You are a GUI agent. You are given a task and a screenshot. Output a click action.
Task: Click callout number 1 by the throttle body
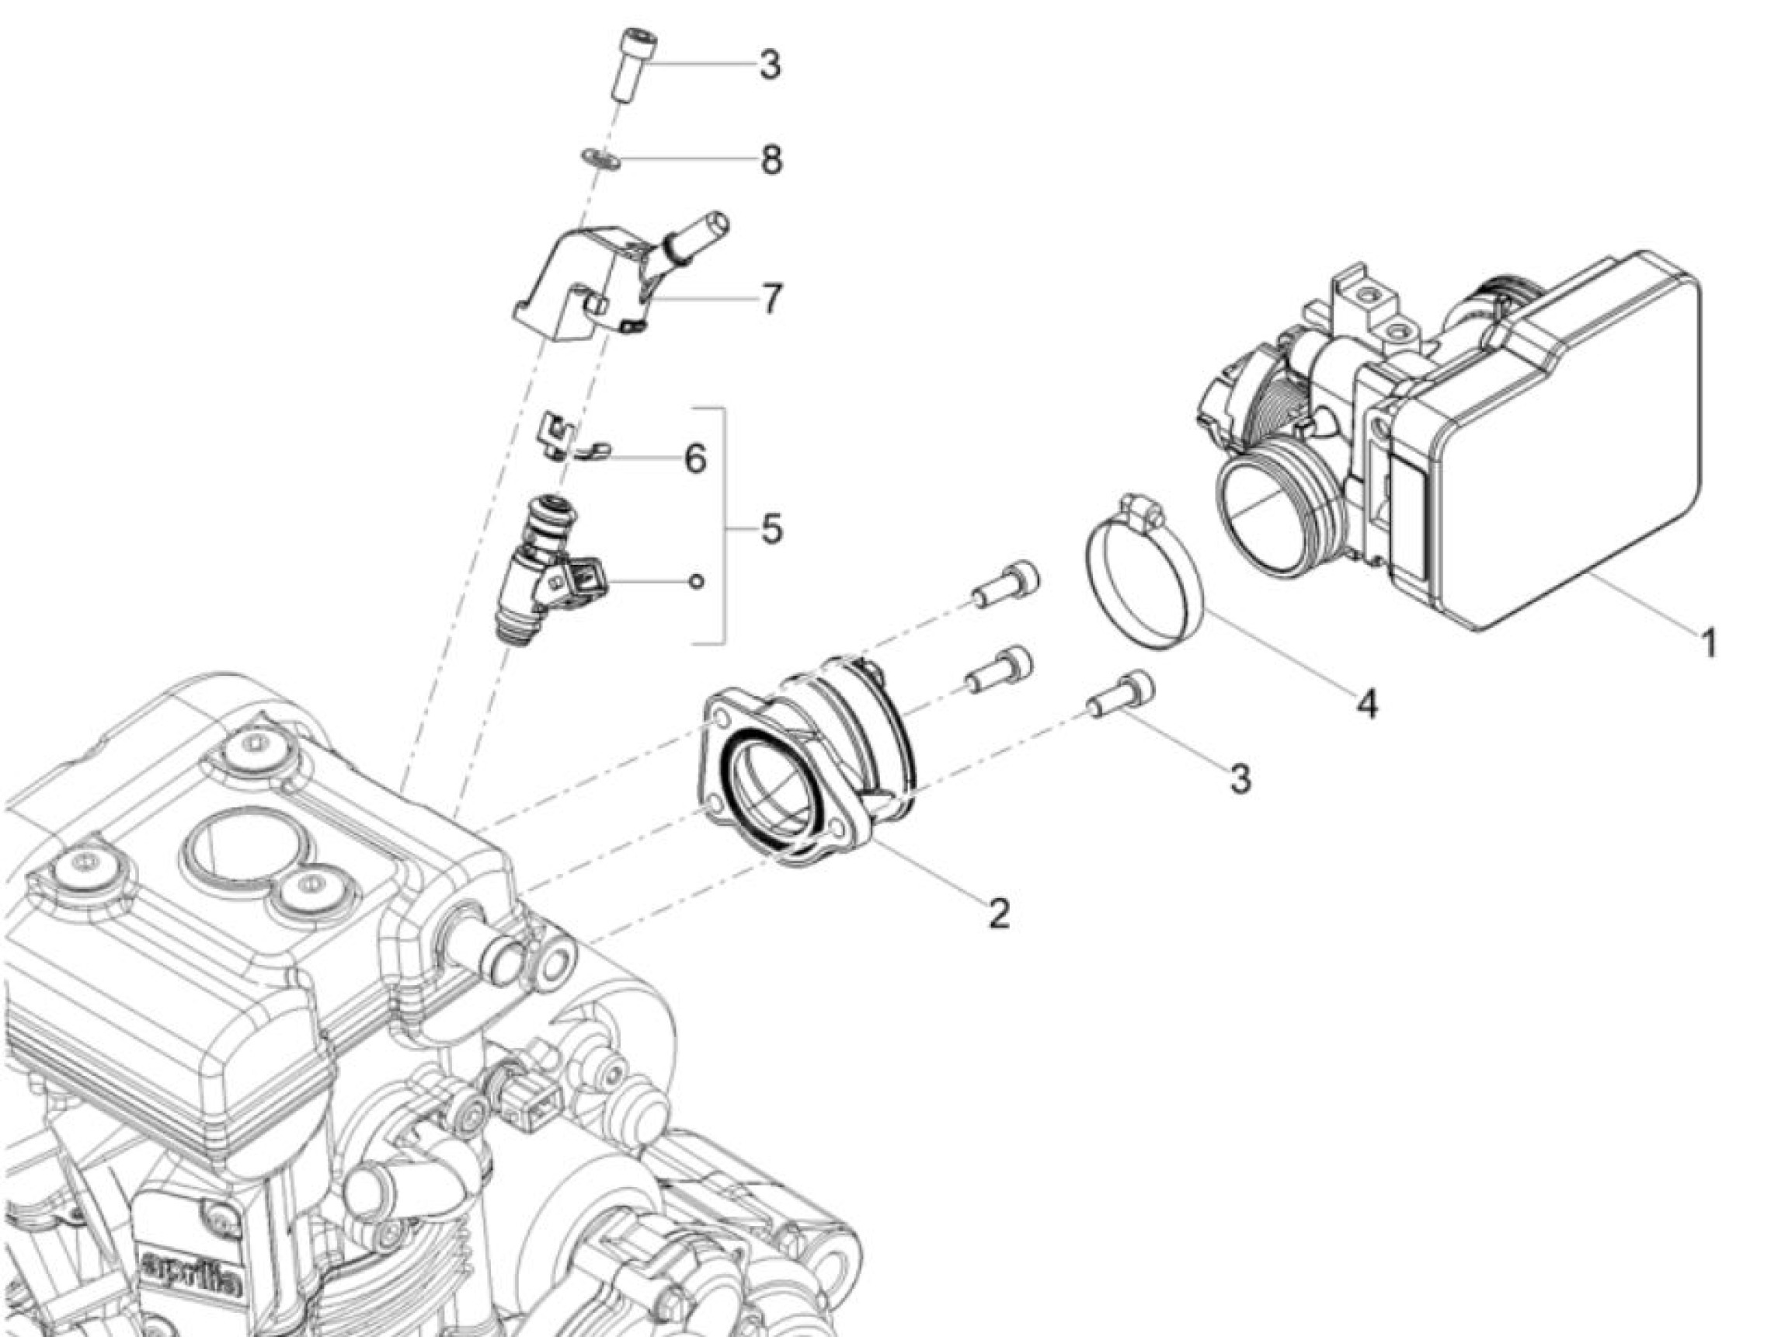coord(1708,643)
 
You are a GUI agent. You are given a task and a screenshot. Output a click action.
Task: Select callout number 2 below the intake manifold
coord(998,914)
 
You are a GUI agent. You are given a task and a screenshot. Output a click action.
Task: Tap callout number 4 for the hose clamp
coord(1368,705)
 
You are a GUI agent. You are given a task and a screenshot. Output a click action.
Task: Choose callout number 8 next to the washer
coord(771,160)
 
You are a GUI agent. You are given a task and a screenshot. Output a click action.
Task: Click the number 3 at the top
coord(770,64)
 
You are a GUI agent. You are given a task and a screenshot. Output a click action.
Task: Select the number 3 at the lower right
coord(1240,778)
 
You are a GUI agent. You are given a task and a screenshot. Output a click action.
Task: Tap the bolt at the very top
coord(632,64)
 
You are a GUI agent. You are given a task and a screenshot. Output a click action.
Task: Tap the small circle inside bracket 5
coord(698,581)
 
